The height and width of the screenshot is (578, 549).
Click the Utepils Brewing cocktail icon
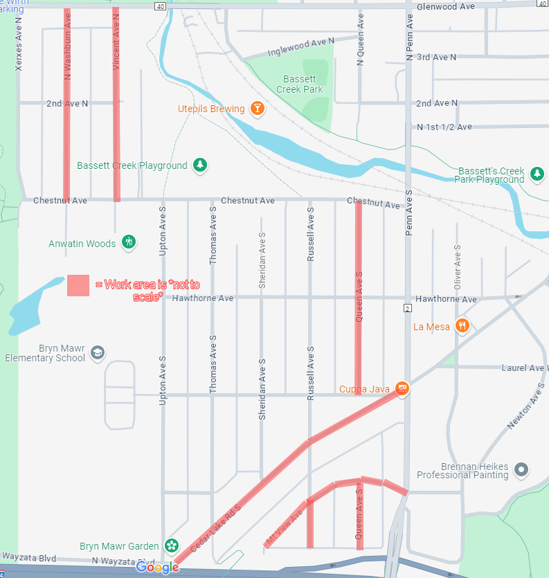258,109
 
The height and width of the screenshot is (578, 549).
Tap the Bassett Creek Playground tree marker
200,165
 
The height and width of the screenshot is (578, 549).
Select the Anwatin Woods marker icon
128,242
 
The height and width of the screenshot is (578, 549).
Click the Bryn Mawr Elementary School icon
98,352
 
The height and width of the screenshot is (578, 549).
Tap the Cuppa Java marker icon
401,388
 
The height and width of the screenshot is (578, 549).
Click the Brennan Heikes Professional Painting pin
522,469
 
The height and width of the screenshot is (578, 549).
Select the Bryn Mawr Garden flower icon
171,546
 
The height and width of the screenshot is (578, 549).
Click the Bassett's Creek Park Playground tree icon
537,173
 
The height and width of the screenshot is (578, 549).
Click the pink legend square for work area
78,285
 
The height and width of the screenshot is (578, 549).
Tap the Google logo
157,568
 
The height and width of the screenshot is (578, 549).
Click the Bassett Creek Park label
300,84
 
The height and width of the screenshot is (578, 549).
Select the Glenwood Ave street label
446,6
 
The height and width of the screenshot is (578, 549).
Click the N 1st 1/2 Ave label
444,127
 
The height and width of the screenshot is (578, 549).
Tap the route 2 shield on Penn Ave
408,307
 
